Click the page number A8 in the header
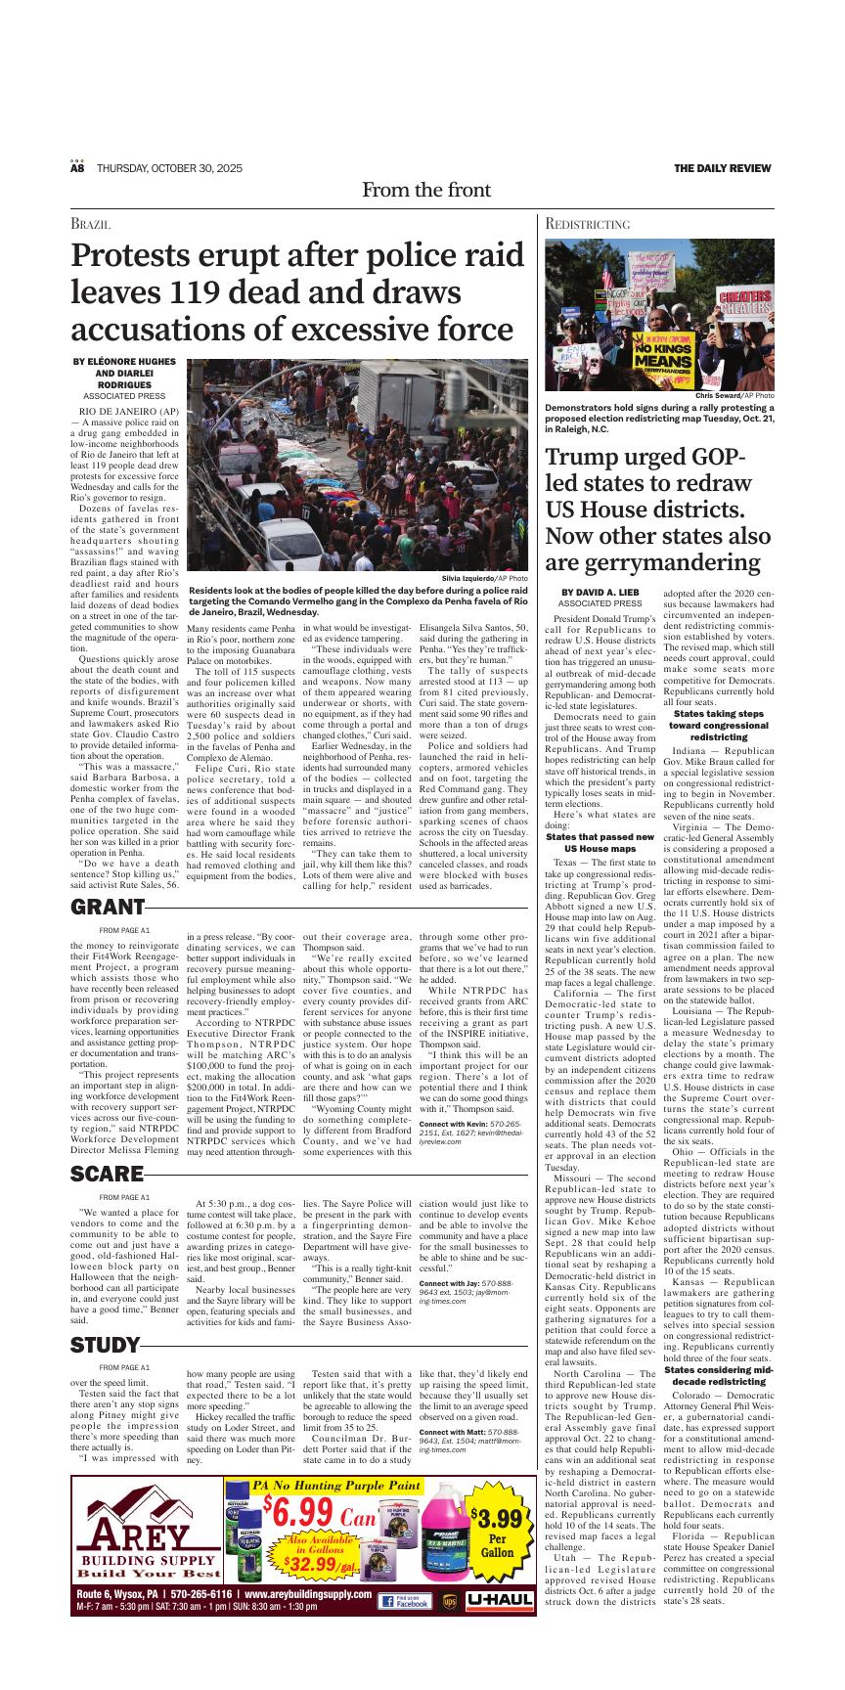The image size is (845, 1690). click(x=77, y=169)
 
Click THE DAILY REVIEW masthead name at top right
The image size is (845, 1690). click(x=722, y=169)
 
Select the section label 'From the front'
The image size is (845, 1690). click(x=425, y=190)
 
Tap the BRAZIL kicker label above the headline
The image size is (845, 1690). click(x=90, y=224)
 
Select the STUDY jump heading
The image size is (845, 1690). click(x=106, y=1347)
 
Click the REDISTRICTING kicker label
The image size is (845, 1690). click(x=587, y=224)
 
